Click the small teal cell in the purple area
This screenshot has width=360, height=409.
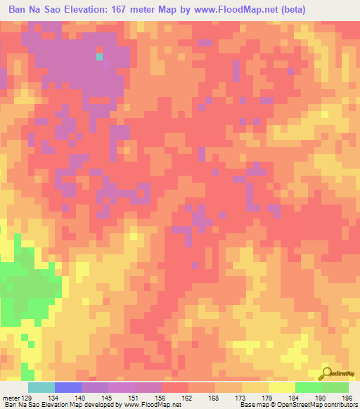(x=99, y=56)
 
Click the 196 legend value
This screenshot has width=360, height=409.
(x=345, y=397)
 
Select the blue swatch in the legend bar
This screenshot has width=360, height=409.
(x=67, y=387)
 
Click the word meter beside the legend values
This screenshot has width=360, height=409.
(x=11, y=397)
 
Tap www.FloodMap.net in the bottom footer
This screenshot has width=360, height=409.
(x=148, y=405)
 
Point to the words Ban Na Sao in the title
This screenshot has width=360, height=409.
(x=32, y=10)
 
